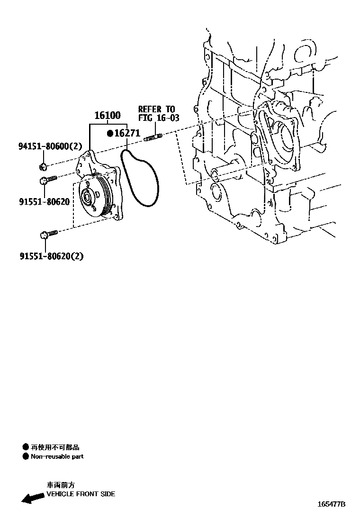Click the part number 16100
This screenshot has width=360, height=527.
(x=107, y=115)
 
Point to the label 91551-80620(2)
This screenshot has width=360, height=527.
(x=51, y=256)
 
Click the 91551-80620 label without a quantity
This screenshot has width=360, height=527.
(x=45, y=202)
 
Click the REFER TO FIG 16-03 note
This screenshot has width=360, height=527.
(x=159, y=114)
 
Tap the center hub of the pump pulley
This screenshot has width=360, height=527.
(x=88, y=196)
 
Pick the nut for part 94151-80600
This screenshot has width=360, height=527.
(x=43, y=166)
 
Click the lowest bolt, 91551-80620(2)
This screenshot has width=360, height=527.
(x=49, y=234)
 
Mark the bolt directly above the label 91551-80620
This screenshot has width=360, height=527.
(x=48, y=180)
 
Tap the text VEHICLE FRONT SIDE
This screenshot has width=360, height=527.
(x=81, y=494)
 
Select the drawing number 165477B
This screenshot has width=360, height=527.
(x=331, y=504)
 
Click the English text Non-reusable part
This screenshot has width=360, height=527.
(x=57, y=456)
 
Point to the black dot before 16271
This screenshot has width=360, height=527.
(x=110, y=134)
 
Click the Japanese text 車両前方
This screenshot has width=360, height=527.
(x=60, y=485)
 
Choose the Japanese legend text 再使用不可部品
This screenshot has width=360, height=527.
(x=55, y=447)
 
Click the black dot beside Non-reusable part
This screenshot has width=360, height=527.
(x=26, y=456)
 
